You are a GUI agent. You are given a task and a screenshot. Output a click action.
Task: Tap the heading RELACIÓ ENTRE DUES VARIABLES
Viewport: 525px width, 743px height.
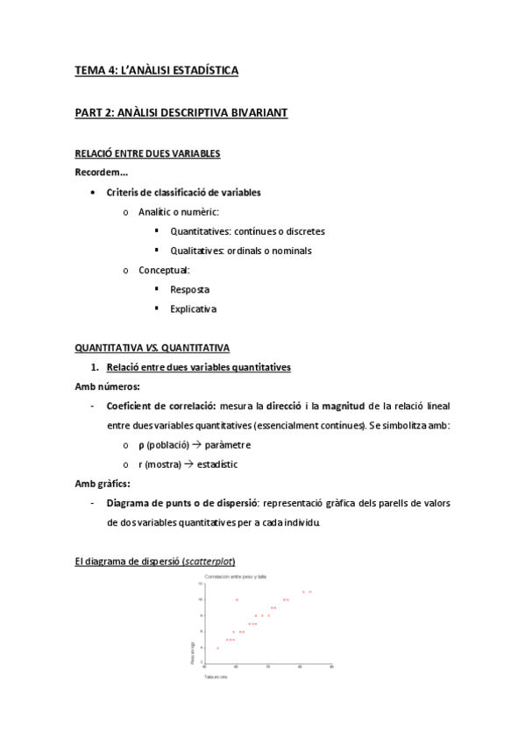[x=147, y=153]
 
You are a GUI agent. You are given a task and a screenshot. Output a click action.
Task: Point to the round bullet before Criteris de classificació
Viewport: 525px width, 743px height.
[x=93, y=192]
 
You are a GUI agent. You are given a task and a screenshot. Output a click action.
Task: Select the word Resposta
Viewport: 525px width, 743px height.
[x=189, y=288]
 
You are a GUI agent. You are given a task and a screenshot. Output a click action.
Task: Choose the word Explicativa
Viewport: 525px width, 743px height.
[x=193, y=308]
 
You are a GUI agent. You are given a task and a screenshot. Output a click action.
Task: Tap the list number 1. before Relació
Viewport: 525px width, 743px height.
[x=96, y=365]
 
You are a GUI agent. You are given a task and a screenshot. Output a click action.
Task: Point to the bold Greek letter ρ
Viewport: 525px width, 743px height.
[x=142, y=444]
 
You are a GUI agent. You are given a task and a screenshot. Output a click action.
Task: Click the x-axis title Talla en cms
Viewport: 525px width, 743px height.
[x=216, y=677]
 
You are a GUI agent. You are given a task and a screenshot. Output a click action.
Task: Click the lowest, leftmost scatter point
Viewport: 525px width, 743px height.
[x=216, y=647]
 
